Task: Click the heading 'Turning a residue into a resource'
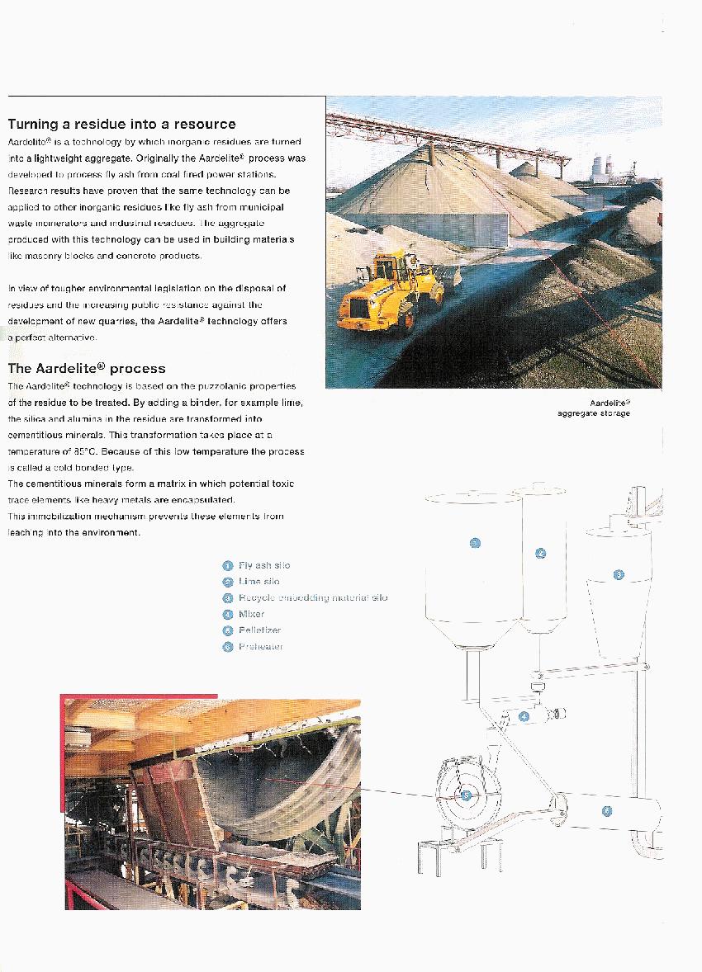pyautogui.click(x=121, y=125)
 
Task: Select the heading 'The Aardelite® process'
pyautogui.click(x=87, y=369)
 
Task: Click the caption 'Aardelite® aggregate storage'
pyautogui.click(x=594, y=408)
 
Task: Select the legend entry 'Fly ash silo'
pyautogui.click(x=263, y=565)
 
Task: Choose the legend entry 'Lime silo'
pyautogui.click(x=259, y=582)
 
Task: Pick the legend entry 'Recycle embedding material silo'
pyautogui.click(x=312, y=597)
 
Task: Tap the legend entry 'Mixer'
pyautogui.click(x=251, y=614)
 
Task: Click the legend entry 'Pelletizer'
pyautogui.click(x=259, y=630)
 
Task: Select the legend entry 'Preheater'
pyautogui.click(x=260, y=647)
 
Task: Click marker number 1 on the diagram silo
pyautogui.click(x=475, y=542)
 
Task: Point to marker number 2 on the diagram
pyautogui.click(x=541, y=553)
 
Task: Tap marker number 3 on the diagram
pyautogui.click(x=619, y=574)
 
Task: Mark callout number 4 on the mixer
pyautogui.click(x=524, y=717)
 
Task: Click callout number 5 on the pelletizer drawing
pyautogui.click(x=466, y=795)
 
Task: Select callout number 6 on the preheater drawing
pyautogui.click(x=607, y=810)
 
